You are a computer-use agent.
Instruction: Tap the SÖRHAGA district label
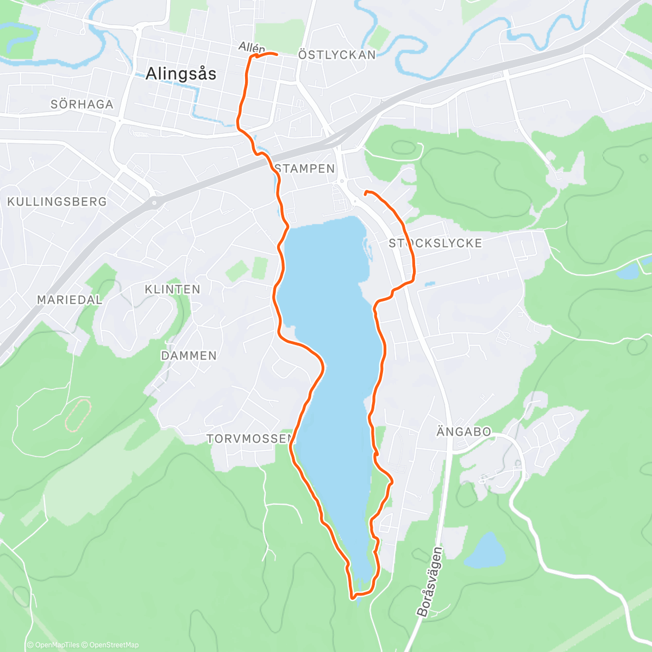pos(82,104)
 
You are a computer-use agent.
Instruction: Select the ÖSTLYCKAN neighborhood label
pos(337,55)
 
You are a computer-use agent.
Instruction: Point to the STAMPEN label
pos(305,169)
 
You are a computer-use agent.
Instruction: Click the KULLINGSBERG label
pos(57,202)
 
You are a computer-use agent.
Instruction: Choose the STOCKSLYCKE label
pos(435,243)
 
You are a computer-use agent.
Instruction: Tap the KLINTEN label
pos(172,289)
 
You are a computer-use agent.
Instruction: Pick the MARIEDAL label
pos(70,299)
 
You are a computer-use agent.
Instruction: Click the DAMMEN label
pos(189,356)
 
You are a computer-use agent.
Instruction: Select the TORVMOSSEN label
pos(250,438)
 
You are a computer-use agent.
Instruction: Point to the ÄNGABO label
pos(464,432)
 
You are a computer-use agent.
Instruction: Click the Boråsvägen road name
pos(430,581)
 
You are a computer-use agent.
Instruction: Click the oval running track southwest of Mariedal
pos(78,416)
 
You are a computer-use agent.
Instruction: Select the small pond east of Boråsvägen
pos(485,551)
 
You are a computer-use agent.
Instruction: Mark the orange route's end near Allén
pos(277,54)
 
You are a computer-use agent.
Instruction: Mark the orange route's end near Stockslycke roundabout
pos(365,192)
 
